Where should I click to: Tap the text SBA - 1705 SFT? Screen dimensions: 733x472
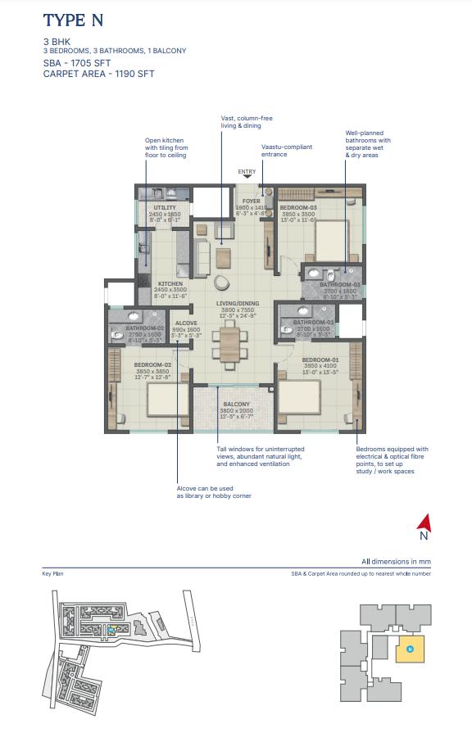[x=79, y=62]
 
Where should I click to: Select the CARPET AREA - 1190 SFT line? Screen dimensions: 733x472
[x=98, y=74]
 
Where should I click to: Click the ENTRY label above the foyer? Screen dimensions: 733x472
[x=247, y=172]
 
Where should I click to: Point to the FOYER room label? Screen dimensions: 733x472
[x=250, y=201]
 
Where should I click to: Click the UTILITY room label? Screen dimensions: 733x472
[x=166, y=208]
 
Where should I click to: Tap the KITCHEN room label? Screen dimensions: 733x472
[x=171, y=284]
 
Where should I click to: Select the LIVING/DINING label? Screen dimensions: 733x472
[x=238, y=304]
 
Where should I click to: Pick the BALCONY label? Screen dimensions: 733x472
[x=237, y=405]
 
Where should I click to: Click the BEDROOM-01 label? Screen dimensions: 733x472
[x=320, y=360]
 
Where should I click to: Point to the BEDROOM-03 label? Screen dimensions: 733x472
[x=298, y=208]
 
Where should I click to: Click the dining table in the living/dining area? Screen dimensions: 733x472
[x=230, y=344]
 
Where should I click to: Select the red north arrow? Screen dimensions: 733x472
[x=424, y=522]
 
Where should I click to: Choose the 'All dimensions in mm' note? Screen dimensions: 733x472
[x=397, y=562]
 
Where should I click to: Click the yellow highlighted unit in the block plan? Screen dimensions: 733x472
[x=410, y=649]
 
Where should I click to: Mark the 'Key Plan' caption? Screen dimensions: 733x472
[x=52, y=574]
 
